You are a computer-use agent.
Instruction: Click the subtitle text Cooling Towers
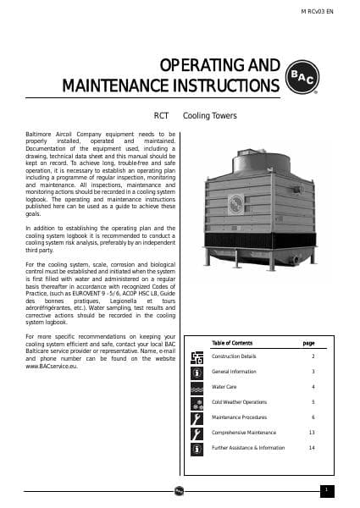tap(210, 115)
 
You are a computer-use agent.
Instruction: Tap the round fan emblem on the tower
tap(239, 203)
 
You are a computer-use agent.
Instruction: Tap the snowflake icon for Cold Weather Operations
tap(197, 402)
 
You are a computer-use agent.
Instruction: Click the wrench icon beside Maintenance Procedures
tap(197, 417)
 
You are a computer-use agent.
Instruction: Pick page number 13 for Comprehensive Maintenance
tap(312, 433)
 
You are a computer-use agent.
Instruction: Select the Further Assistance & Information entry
tap(248, 447)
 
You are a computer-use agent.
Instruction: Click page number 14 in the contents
tap(312, 447)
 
